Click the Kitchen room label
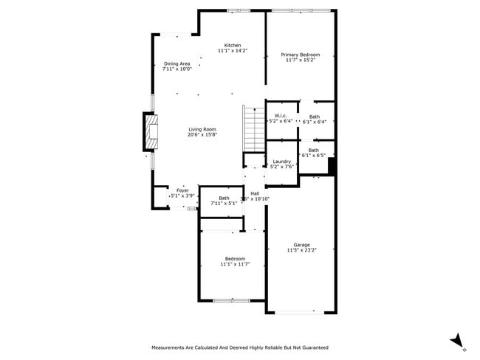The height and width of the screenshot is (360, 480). (233, 45)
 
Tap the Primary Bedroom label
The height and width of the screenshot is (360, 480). (300, 55)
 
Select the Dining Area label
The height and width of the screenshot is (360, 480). (176, 63)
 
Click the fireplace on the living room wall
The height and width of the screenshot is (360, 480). (151, 131)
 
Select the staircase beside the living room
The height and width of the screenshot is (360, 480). (253, 126)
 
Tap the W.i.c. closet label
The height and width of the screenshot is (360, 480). (280, 116)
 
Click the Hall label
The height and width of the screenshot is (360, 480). (255, 193)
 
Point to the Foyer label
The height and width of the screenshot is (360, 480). (182, 190)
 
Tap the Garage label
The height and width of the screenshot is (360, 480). (301, 245)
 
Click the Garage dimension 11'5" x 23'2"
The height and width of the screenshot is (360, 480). (301, 251)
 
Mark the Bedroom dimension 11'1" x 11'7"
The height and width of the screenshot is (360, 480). (235, 263)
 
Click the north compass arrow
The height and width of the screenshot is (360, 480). (457, 339)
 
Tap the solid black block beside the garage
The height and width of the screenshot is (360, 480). (332, 167)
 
